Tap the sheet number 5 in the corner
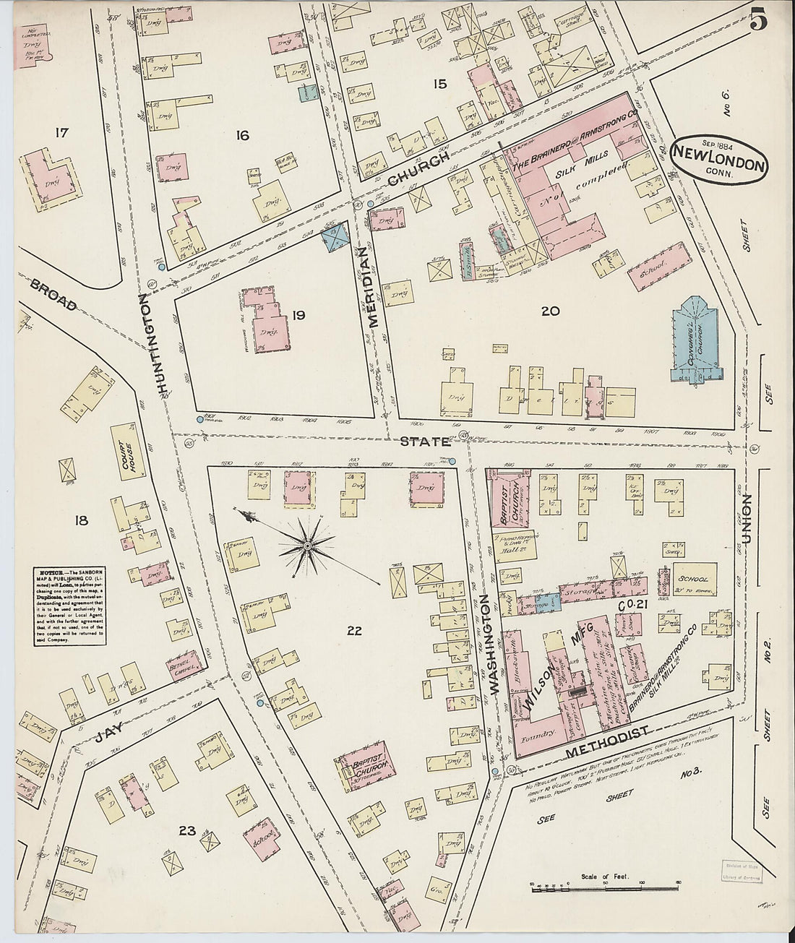[x=757, y=21]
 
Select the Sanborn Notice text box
[x=70, y=606]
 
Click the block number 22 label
[x=353, y=631]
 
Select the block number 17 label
[x=61, y=132]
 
